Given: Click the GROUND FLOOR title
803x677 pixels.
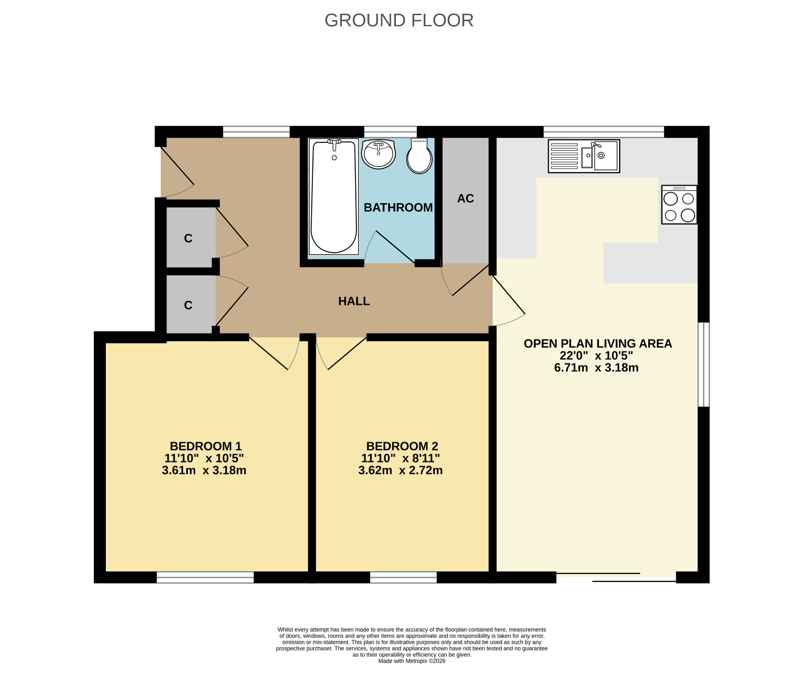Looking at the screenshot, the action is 399,20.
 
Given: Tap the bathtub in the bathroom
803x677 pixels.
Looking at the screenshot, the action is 334,197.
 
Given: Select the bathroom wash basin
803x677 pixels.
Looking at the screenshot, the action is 378,154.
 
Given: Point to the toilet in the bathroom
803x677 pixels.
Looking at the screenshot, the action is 419,156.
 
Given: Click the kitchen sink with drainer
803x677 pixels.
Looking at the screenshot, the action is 584,156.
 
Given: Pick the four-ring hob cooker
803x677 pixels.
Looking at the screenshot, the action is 679,205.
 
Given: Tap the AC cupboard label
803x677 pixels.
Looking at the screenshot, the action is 465,198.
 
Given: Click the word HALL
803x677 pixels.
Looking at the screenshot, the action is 354,301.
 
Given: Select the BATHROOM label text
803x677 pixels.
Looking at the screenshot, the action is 398,207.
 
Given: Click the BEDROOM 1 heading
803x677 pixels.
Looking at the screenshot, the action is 205,446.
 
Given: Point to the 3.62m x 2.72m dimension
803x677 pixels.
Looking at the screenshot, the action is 400,470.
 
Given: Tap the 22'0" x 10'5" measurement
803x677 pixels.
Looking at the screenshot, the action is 596,356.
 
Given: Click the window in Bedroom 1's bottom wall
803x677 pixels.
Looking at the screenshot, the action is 205,577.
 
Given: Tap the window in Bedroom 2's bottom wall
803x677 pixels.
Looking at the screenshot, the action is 403,577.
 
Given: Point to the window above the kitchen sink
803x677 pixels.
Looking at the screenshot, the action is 603,132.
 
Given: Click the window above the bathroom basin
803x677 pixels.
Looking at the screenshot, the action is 390,132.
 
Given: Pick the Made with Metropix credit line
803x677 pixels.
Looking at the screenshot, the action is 412,661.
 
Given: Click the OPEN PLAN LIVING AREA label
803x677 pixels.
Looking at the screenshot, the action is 598,344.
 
